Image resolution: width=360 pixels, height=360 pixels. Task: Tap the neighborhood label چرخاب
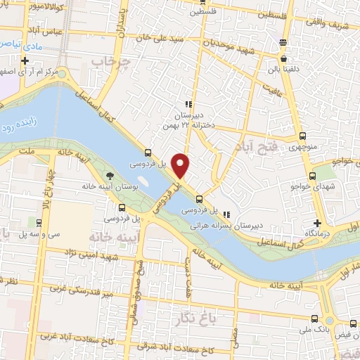(x=115, y=63)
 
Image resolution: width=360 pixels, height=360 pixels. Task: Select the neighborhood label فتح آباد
(x=260, y=127)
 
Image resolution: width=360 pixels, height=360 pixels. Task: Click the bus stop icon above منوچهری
(x=302, y=137)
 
